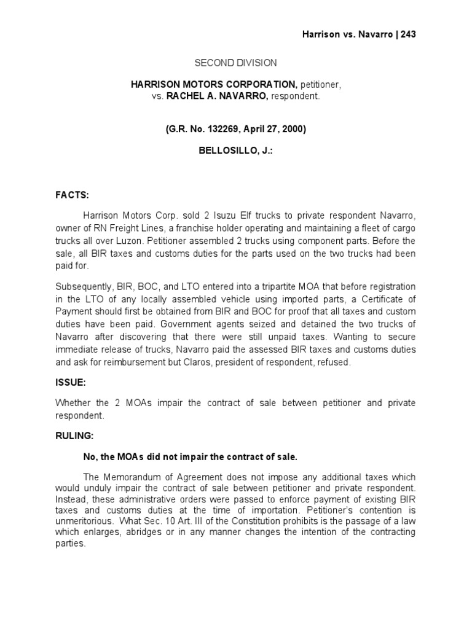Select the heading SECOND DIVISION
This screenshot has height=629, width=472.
click(236, 63)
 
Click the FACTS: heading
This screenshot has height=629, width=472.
click(73, 195)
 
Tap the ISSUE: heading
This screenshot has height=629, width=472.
click(71, 382)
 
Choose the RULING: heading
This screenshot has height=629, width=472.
click(75, 435)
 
